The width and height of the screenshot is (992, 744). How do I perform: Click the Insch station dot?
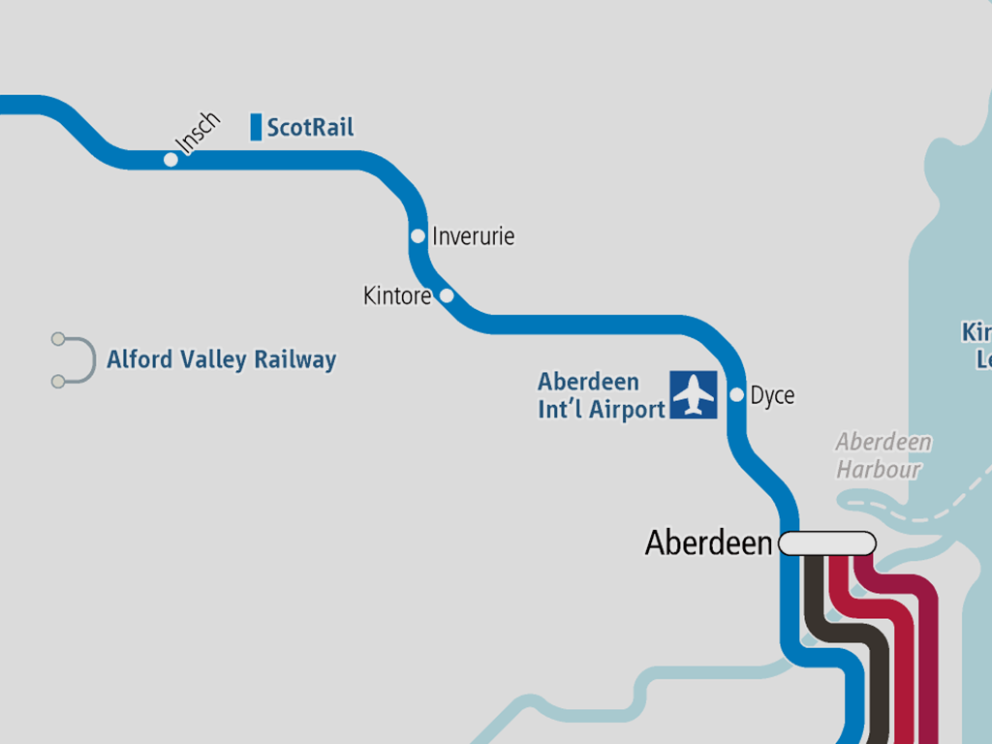coord(171,159)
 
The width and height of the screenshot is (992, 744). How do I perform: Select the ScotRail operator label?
coord(310,128)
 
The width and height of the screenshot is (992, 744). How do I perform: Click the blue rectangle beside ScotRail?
coord(256,127)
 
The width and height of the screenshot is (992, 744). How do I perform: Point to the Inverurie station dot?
coord(418,235)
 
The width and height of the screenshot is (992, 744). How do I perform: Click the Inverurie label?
coord(473,236)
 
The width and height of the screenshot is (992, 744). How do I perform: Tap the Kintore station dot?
coord(447,295)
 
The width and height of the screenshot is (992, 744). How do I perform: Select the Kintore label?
coord(397,295)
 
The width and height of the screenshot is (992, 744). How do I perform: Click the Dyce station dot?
coord(736,394)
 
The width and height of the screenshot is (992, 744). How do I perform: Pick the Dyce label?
coord(772,395)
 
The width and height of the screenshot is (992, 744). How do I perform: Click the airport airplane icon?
coord(694,394)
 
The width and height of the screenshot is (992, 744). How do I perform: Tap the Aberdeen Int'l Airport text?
coord(601,395)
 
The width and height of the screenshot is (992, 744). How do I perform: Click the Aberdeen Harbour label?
coord(883,455)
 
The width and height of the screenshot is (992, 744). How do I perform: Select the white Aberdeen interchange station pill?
coord(827,543)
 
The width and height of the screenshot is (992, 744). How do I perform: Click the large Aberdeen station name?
coord(709,543)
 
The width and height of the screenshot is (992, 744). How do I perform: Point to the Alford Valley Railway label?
coord(221,360)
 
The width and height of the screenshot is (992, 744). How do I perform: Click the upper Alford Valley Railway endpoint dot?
coord(58,339)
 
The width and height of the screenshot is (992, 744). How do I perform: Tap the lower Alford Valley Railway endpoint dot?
coord(58,382)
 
